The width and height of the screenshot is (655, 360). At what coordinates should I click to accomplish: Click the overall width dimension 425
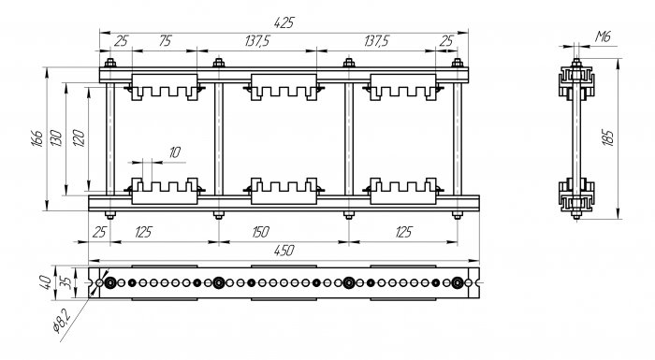pyautogui.click(x=284, y=22)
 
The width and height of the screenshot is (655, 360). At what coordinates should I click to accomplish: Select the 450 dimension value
pyautogui.click(x=284, y=251)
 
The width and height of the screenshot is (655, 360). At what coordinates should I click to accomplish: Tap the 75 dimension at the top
pyautogui.click(x=165, y=41)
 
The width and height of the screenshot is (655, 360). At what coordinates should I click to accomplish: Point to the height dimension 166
pyautogui.click(x=36, y=138)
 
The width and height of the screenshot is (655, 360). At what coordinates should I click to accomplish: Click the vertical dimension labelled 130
pyautogui.click(x=56, y=138)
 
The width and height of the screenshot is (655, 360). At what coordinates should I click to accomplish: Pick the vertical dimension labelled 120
pyautogui.click(x=79, y=138)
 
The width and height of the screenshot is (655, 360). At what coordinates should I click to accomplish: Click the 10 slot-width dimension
pyautogui.click(x=175, y=152)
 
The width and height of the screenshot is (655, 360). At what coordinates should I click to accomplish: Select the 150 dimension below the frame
pyautogui.click(x=261, y=232)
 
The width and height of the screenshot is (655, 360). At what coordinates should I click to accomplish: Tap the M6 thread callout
pyautogui.click(x=603, y=36)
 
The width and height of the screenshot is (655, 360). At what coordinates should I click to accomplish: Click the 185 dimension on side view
pyautogui.click(x=608, y=138)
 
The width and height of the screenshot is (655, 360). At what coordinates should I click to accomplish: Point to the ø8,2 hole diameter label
pyautogui.click(x=63, y=321)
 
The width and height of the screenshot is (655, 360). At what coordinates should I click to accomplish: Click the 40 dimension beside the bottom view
pyautogui.click(x=47, y=282)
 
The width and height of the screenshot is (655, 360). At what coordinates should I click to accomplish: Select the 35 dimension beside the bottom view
pyautogui.click(x=65, y=282)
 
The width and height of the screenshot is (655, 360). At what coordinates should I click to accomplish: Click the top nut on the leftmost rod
pyautogui.click(x=110, y=63)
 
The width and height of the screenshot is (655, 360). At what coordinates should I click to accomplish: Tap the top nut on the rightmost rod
pyautogui.click(x=458, y=63)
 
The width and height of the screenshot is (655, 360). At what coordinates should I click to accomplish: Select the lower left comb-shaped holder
pyautogui.click(x=165, y=192)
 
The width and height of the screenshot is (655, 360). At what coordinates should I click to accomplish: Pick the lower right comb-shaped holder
pyautogui.click(x=403, y=192)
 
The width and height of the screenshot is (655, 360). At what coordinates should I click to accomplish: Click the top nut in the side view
pyautogui.click(x=576, y=63)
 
